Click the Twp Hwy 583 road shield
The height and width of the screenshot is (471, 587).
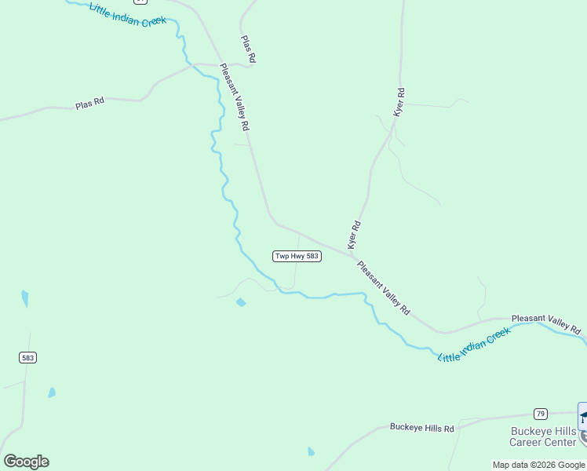pos(297,257)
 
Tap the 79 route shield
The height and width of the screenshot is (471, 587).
pos(540,413)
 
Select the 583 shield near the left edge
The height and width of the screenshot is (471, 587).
pos(28,357)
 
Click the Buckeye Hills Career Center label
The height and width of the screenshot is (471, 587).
pos(543,436)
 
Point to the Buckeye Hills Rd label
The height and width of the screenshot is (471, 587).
pos(422,428)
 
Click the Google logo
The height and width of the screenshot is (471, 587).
pos(26,462)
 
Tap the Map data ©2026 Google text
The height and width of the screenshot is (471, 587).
pos(538,465)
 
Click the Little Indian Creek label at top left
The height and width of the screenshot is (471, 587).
pos(127,15)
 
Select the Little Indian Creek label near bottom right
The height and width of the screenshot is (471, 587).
pos(474,345)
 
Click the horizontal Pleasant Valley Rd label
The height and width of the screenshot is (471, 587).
pos(545,323)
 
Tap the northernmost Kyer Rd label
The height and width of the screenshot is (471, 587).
pos(399,103)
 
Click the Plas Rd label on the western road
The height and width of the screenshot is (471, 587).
pos(89,104)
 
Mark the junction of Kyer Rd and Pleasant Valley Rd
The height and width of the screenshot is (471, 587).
pos(354,254)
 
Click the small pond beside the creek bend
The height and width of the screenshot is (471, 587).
pos(241,302)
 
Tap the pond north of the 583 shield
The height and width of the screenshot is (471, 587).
pos(25,298)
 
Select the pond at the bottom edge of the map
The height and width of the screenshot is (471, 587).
pos(312,451)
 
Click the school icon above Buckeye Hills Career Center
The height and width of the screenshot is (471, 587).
pos(583,414)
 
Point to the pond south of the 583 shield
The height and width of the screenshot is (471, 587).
pos(52,392)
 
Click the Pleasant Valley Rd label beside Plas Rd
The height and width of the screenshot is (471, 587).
pos(235,97)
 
